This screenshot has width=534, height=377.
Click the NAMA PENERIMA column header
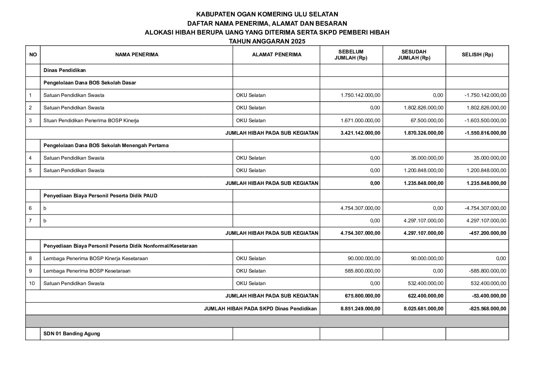coord(137,55)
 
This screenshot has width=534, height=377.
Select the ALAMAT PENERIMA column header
coord(276,55)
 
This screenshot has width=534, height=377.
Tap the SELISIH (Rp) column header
coord(477,55)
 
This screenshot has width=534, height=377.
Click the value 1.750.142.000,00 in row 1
coord(360,95)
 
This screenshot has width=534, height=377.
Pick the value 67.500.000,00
coord(427,120)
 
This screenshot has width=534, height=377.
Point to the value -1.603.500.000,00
coord(485,120)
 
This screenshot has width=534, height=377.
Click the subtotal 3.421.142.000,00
coord(360,133)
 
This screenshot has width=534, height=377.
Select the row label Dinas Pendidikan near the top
coord(65,70)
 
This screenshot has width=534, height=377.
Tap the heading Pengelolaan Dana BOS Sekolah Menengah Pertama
coord(106,145)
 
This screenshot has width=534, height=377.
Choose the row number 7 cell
coord(30,221)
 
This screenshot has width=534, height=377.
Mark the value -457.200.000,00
coord(487,233)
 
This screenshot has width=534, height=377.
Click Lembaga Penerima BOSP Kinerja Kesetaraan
coord(96,258)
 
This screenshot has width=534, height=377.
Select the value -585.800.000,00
coord(487,271)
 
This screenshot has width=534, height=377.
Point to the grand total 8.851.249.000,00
coord(360,309)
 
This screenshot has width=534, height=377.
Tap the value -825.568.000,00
coord(487,309)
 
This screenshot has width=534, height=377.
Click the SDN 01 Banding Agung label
coord(72,334)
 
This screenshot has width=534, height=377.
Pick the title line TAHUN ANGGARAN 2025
coord(267,41)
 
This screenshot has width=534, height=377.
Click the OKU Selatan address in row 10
coord(251,284)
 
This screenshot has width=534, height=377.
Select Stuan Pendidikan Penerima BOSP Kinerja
coord(91,120)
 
